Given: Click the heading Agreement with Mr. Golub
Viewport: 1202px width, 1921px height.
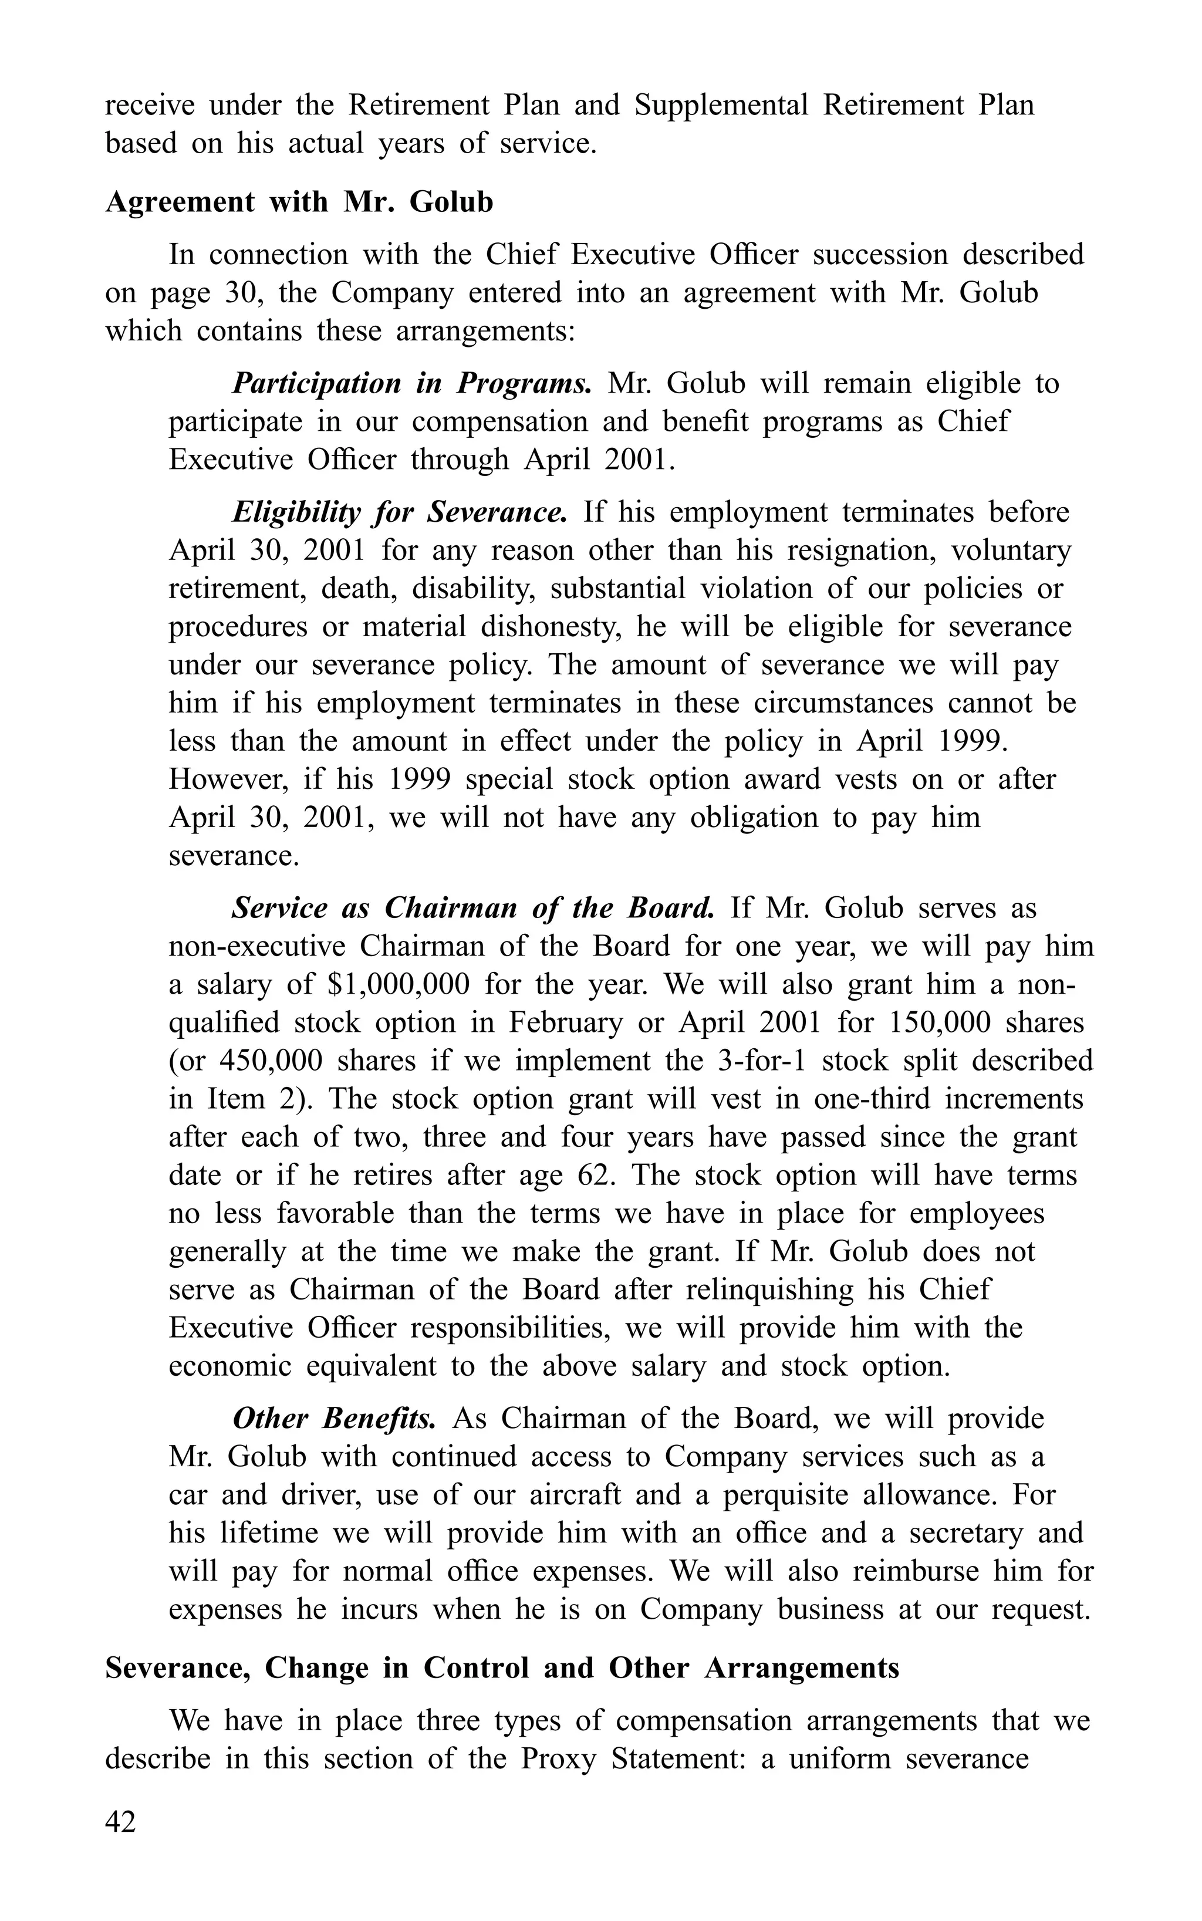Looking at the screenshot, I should point(299,202).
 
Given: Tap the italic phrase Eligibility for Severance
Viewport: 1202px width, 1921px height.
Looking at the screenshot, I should point(400,512).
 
